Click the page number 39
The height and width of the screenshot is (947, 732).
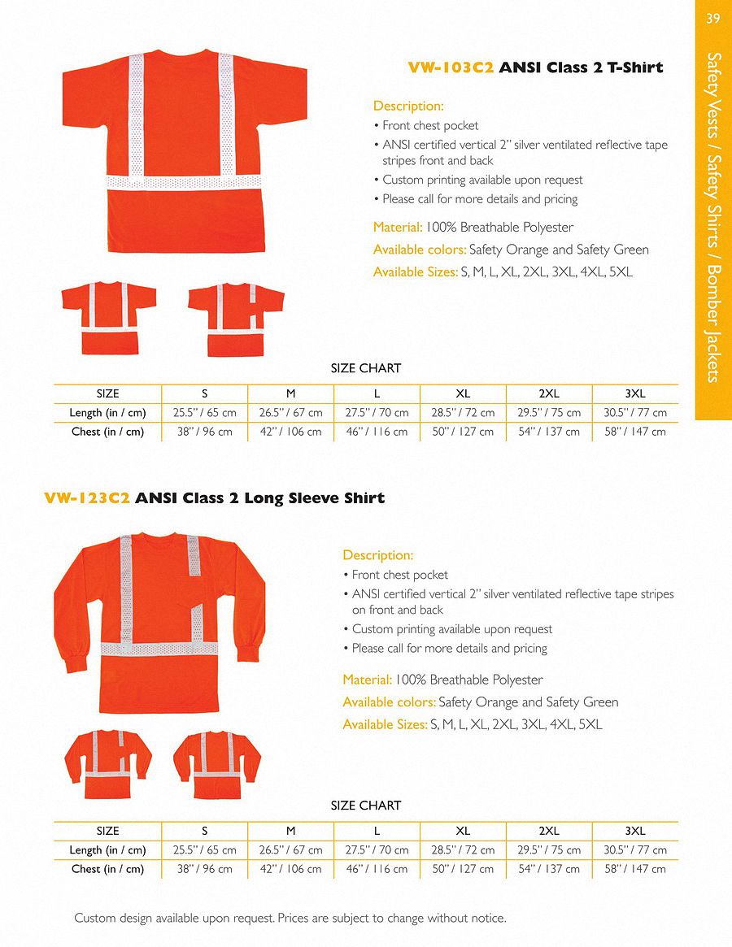pyautogui.click(x=713, y=19)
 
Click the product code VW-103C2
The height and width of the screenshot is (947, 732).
pyautogui.click(x=451, y=67)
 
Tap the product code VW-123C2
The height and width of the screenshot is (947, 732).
pyautogui.click(x=87, y=498)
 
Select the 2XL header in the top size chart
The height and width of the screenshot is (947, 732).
pyautogui.click(x=549, y=393)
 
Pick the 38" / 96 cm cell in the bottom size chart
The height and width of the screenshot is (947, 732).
pyautogui.click(x=204, y=869)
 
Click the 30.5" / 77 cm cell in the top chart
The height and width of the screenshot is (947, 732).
pyautogui.click(x=635, y=413)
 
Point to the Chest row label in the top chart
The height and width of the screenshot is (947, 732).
pyautogui.click(x=107, y=432)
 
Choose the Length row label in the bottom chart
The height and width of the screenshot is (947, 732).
pyautogui.click(x=107, y=850)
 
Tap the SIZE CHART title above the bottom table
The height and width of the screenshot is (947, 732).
pyautogui.click(x=365, y=806)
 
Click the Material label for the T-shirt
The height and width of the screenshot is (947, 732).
pyautogui.click(x=397, y=228)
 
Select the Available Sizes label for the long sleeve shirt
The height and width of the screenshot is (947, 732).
pyautogui.click(x=385, y=724)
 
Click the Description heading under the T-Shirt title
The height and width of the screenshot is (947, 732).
pyautogui.click(x=408, y=106)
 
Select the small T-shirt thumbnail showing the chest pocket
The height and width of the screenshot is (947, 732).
pyautogui.click(x=235, y=319)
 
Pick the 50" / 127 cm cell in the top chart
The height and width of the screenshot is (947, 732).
pyautogui.click(x=462, y=432)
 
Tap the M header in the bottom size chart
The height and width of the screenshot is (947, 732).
pyautogui.click(x=290, y=831)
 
